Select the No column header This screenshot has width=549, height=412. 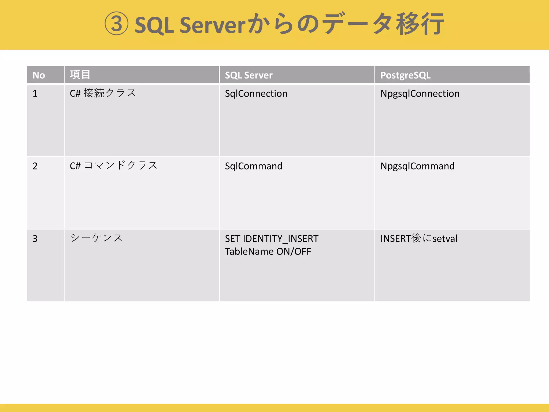39,75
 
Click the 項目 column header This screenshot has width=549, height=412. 80,75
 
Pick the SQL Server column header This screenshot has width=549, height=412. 248,75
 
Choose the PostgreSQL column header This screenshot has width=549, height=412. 405,75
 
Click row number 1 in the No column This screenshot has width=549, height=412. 35,93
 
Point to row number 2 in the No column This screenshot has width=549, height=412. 35,166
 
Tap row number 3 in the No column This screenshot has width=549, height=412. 35,238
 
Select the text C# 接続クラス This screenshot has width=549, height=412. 103,93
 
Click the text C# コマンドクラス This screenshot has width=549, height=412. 114,165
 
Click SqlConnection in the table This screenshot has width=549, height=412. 256,93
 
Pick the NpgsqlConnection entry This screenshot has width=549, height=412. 420,93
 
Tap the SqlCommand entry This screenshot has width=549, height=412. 254,166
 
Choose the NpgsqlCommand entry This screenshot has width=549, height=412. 417,166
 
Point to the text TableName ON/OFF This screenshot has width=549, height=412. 268,252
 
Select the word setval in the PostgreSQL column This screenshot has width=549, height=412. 445,238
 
